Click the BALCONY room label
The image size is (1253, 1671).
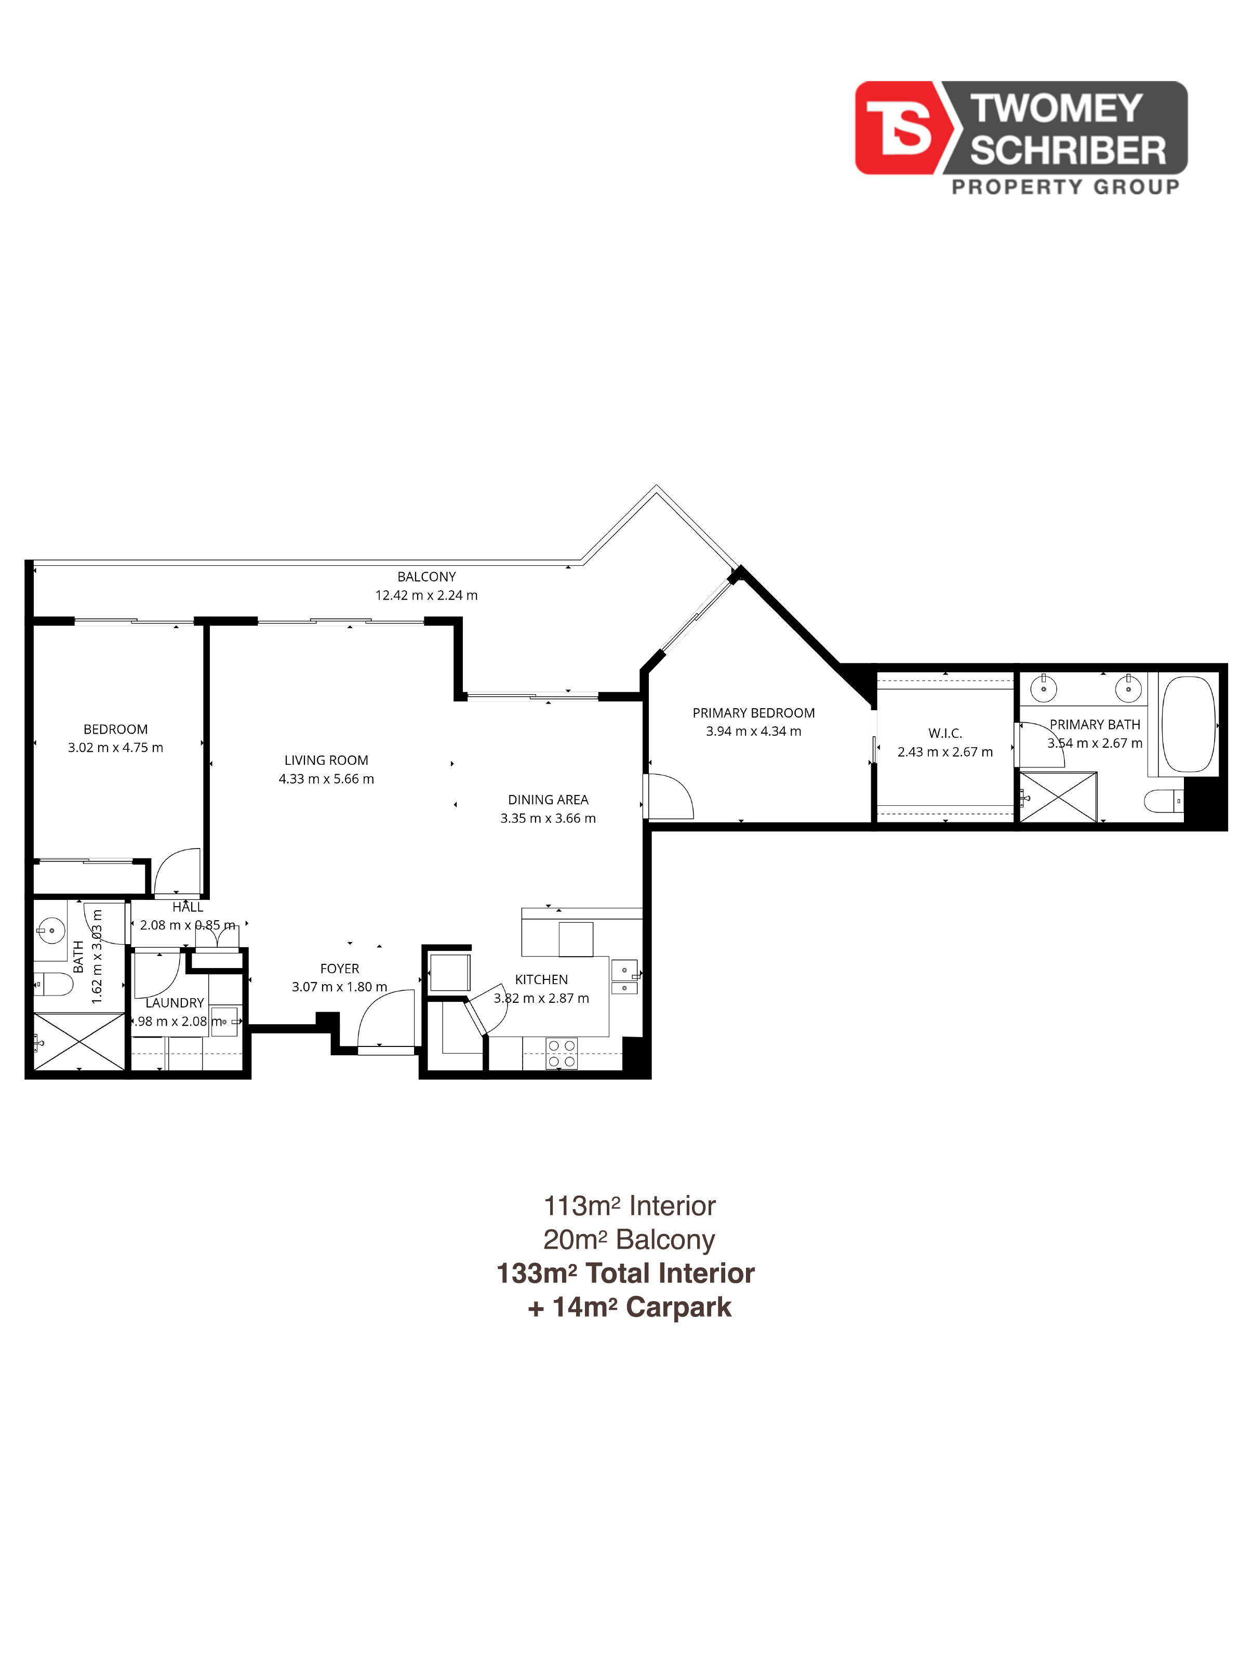426,576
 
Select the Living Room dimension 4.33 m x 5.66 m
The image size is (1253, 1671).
326,779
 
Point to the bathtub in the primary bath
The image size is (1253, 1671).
1188,724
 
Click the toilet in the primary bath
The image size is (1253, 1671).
1164,801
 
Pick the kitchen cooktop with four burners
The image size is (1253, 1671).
561,1053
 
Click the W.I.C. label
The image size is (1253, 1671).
945,734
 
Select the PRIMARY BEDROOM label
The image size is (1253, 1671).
753,713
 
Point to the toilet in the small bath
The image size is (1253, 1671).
54,984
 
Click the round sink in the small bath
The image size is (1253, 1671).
50,931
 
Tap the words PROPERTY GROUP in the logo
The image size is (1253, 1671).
1065,187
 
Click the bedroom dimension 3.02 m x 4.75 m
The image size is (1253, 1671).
115,748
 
